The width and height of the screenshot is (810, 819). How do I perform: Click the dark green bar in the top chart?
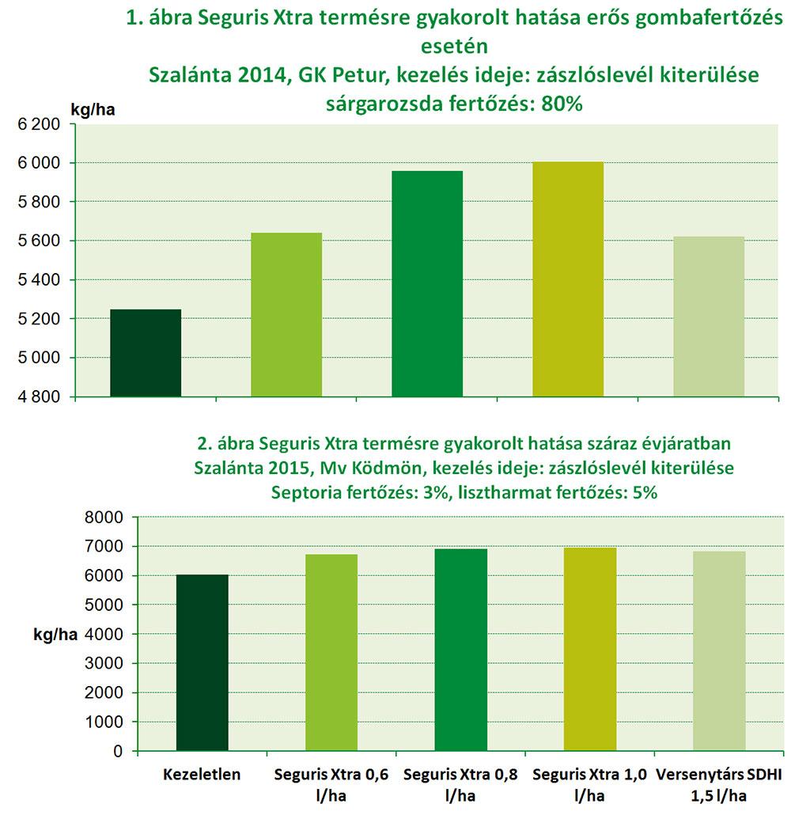pyautogui.click(x=146, y=353)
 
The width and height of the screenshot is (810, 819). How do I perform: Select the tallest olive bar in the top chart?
pyautogui.click(x=568, y=279)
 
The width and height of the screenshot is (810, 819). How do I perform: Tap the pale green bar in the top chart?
pyautogui.click(x=709, y=317)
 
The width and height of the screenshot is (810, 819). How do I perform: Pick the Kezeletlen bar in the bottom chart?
pyautogui.click(x=202, y=662)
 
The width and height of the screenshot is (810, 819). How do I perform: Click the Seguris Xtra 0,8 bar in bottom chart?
pyautogui.click(x=460, y=650)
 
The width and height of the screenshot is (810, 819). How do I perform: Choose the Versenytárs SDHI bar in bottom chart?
pyautogui.click(x=719, y=650)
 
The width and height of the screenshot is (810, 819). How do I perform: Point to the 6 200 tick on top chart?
pyautogui.click(x=40, y=124)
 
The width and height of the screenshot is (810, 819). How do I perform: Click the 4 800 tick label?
pyautogui.click(x=40, y=397)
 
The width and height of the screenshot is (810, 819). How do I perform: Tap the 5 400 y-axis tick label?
pyautogui.click(x=40, y=280)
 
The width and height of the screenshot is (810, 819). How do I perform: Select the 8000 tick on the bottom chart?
pyautogui.click(x=104, y=518)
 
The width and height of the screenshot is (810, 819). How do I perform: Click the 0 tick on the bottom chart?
pyautogui.click(x=118, y=751)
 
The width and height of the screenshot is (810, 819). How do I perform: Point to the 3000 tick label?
pyautogui.click(x=104, y=663)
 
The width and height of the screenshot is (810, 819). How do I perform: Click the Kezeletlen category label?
pyautogui.click(x=202, y=774)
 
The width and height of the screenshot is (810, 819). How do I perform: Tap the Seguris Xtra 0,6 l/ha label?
pyautogui.click(x=331, y=785)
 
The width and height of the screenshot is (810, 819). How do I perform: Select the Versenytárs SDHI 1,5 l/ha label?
pyautogui.click(x=718, y=785)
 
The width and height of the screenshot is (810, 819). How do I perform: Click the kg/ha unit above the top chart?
pyautogui.click(x=93, y=110)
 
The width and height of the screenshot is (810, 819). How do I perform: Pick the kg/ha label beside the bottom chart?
pyautogui.click(x=55, y=634)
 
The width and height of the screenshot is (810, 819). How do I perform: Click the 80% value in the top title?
pyautogui.click(x=562, y=104)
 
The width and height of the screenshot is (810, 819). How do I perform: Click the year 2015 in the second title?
pyautogui.click(x=286, y=468)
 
